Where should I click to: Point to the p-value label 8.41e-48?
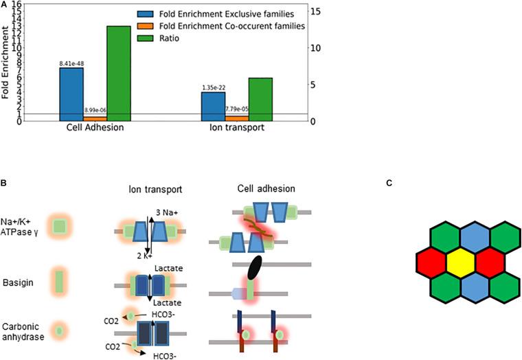[x=71, y=63]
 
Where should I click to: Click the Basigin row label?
[x=16, y=282]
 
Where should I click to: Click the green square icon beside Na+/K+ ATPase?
[x=60, y=224]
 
